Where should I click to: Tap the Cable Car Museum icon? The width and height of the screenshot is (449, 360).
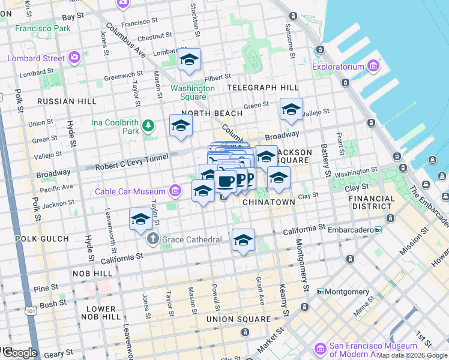click(x=175, y=191)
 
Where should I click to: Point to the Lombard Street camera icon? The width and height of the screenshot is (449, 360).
click(x=75, y=58)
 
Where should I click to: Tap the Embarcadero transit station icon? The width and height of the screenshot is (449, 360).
click(x=378, y=229)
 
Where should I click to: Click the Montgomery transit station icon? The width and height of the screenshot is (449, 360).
click(x=321, y=292)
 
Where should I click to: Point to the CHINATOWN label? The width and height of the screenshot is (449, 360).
click(x=268, y=202)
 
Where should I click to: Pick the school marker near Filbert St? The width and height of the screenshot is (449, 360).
click(x=189, y=59)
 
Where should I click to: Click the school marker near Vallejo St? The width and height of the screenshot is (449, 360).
click(x=291, y=109)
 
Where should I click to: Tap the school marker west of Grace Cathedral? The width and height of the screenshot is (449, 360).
click(x=140, y=219)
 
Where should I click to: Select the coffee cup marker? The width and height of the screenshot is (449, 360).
click(x=225, y=181)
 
